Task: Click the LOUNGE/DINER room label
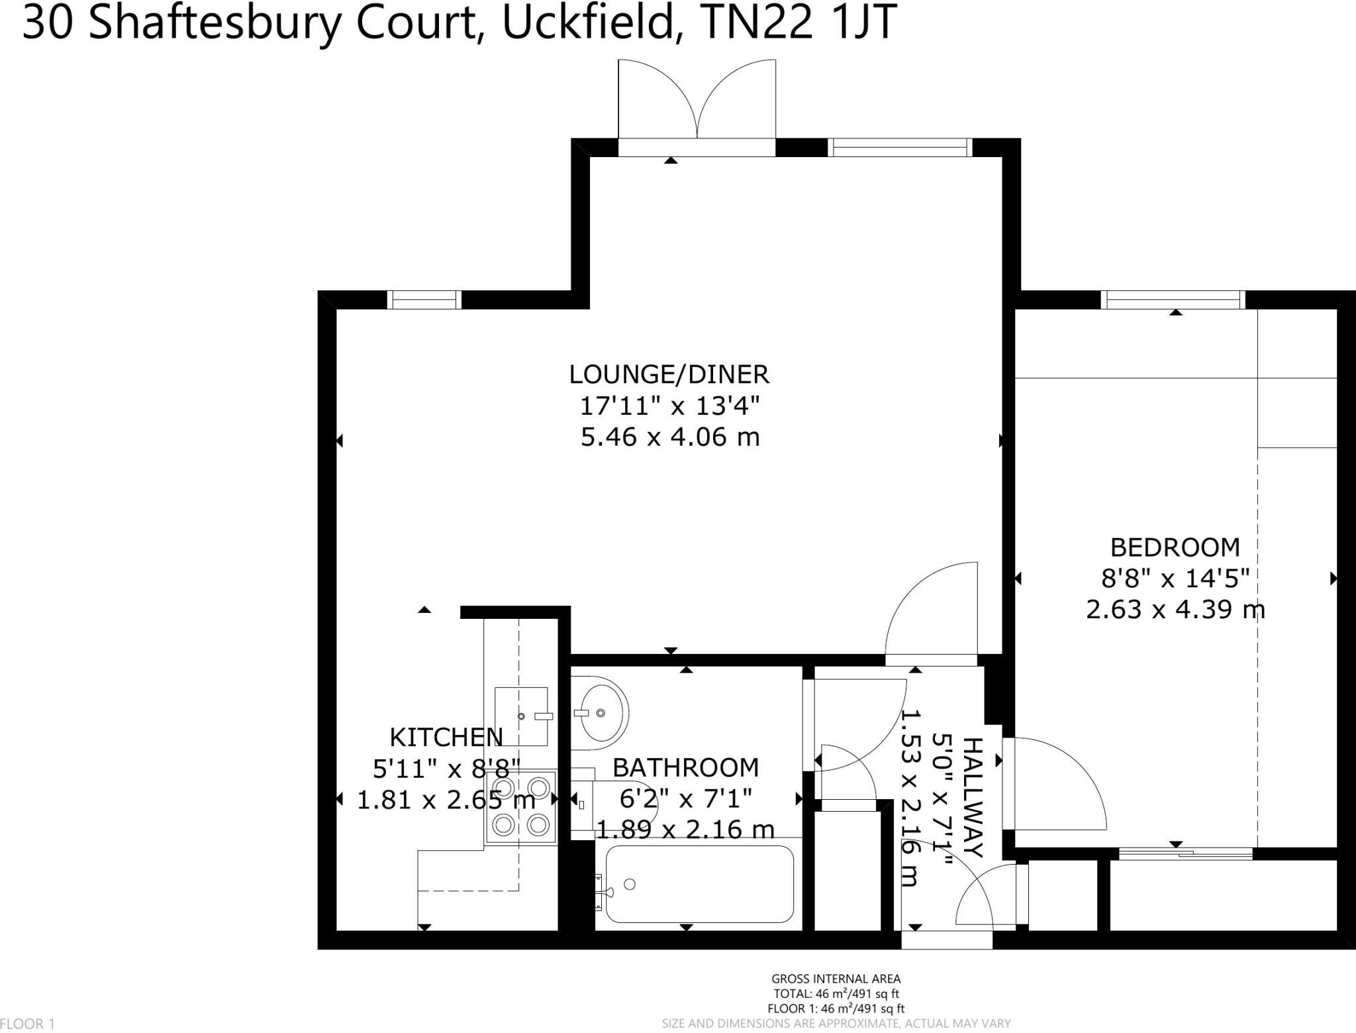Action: point(669,375)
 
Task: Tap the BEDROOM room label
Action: point(1175,547)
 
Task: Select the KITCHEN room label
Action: point(446,737)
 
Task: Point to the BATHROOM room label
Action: point(685,767)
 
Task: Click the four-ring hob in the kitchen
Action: point(521,806)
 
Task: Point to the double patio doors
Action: point(697,106)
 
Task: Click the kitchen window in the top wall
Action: point(424,300)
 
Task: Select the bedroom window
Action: point(1173,300)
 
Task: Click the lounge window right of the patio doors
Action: point(900,147)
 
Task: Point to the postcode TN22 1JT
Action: point(798,23)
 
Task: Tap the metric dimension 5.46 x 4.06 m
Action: point(669,437)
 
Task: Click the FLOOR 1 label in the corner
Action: point(28,1024)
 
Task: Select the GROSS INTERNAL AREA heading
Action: point(836,979)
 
